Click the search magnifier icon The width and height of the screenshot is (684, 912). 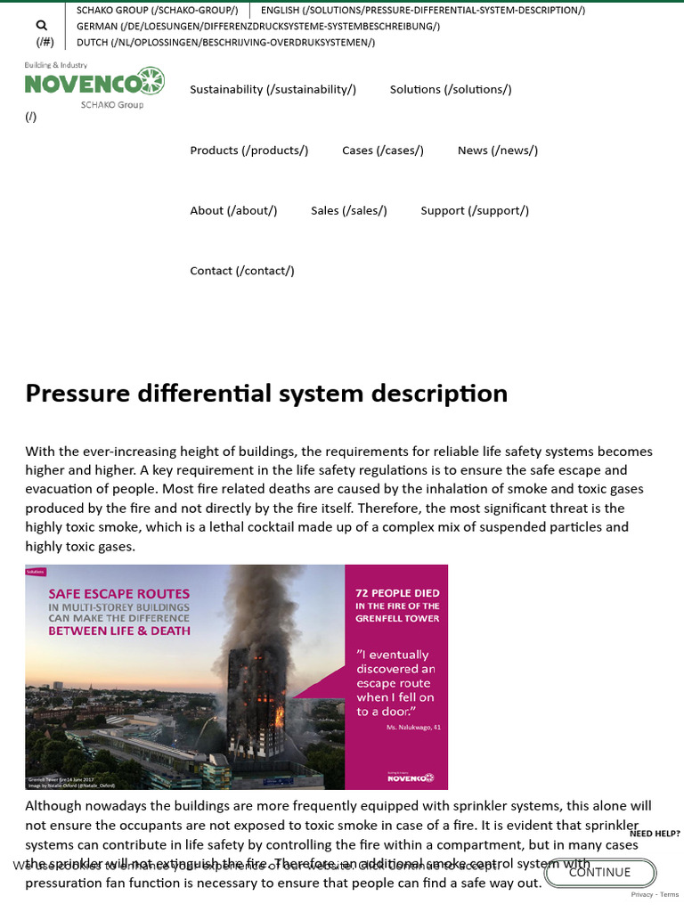click(42, 26)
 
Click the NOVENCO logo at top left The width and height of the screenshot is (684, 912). click(94, 84)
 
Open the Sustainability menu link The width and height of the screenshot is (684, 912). click(273, 89)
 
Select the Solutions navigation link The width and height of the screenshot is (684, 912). click(451, 89)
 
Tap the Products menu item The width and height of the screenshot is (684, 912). click(249, 151)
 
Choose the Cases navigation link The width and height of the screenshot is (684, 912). click(383, 151)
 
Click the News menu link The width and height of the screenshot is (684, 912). click(498, 151)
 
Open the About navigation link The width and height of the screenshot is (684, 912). click(233, 211)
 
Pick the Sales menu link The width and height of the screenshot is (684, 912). click(349, 211)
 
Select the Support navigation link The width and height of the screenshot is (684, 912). click(475, 211)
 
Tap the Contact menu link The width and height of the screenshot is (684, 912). click(242, 271)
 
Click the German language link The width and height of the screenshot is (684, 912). click(258, 27)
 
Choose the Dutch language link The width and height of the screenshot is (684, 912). click(226, 42)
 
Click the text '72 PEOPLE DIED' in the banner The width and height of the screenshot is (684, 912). click(397, 593)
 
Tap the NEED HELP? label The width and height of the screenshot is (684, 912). click(655, 834)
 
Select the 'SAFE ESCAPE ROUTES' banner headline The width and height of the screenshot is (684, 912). click(118, 593)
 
